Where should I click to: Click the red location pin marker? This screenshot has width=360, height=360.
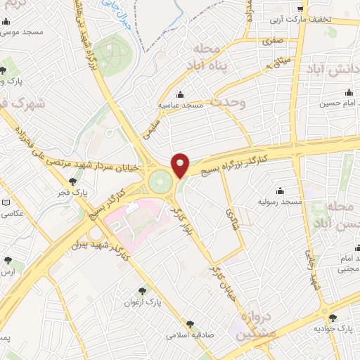[181, 165]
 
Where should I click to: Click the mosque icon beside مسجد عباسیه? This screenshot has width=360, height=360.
[180, 94]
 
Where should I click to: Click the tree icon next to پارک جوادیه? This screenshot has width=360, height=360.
[333, 318]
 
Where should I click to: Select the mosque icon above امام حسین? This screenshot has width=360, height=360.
[349, 92]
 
